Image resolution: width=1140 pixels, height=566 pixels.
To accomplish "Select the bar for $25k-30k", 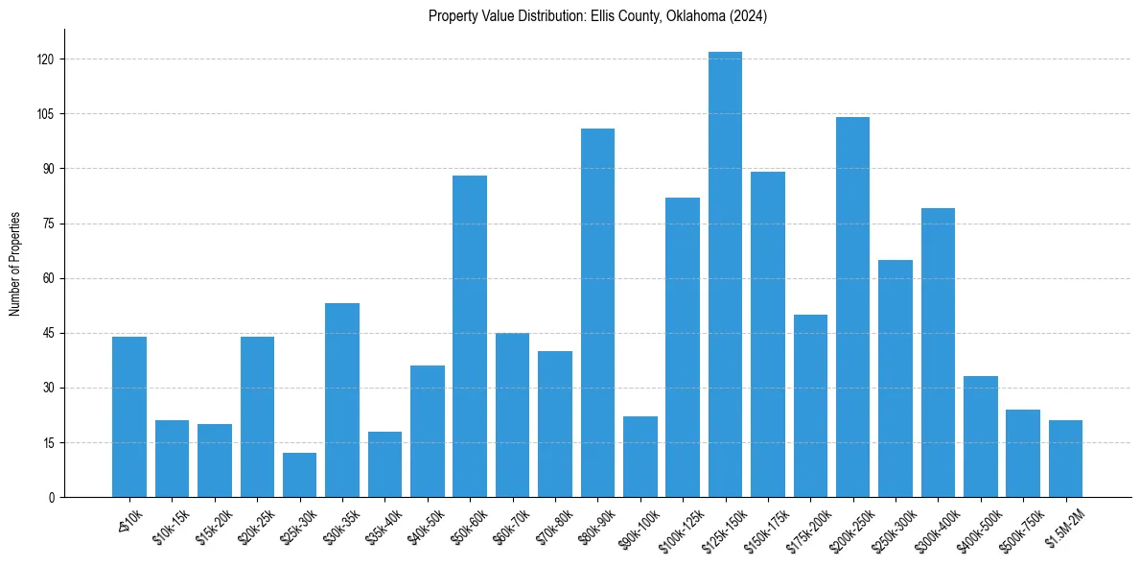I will [x=299, y=475].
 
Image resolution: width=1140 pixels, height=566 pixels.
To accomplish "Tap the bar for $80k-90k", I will [x=597, y=313].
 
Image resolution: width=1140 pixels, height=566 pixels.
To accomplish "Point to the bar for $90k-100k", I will [x=640, y=457].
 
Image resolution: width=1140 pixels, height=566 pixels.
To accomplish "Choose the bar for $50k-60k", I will [x=470, y=336].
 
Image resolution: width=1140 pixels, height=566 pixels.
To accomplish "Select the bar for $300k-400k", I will [x=938, y=353].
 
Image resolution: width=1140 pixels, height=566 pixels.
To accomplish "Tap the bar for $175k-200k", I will [x=810, y=406].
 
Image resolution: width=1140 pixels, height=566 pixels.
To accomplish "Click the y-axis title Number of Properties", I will [x=14, y=264].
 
